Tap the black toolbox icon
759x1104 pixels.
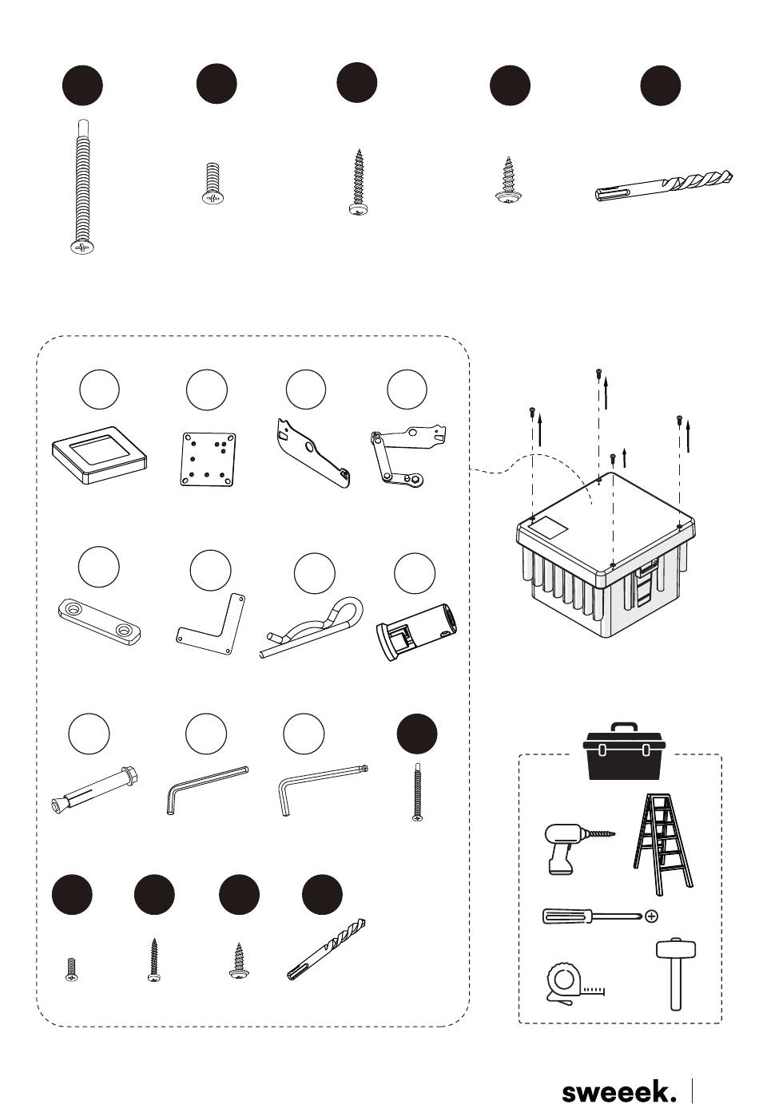pyautogui.click(x=624, y=751)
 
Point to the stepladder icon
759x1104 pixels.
pyautogui.click(x=663, y=844)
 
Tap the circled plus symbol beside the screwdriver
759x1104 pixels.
pyautogui.click(x=651, y=916)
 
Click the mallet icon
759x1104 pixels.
pyautogui.click(x=676, y=975)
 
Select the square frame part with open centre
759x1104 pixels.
pyautogui.click(x=99, y=454)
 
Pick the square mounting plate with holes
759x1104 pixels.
pyautogui.click(x=208, y=459)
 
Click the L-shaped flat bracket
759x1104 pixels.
pyautogui.click(x=212, y=625)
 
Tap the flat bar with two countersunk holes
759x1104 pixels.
pyautogui.click(x=99, y=622)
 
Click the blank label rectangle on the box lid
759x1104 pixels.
pyautogui.click(x=548, y=528)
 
